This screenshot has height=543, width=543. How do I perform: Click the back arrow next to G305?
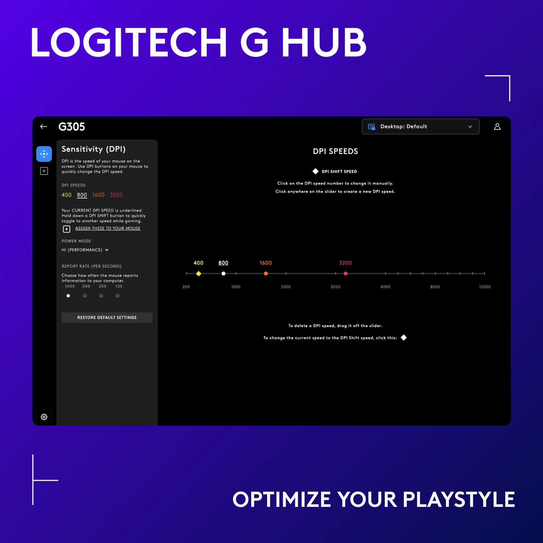(x=44, y=127)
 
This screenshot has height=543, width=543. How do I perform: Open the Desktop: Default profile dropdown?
(x=420, y=127)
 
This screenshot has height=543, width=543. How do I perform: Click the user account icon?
(x=497, y=127)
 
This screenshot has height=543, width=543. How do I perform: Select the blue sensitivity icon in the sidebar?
(x=44, y=154)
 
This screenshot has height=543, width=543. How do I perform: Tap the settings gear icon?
(x=44, y=417)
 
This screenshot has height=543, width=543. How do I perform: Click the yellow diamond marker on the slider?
(x=198, y=274)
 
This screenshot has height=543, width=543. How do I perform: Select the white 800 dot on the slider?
(x=223, y=274)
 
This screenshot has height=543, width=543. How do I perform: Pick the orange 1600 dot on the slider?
(x=266, y=274)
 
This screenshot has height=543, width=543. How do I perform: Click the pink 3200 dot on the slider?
(x=345, y=274)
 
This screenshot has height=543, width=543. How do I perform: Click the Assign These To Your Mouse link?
(x=108, y=228)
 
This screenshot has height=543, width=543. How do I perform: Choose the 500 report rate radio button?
(x=85, y=296)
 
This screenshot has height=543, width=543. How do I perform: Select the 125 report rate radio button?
(x=117, y=296)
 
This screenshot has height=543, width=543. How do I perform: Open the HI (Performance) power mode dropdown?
(x=85, y=250)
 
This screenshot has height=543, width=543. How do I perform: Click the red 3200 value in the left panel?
(x=116, y=195)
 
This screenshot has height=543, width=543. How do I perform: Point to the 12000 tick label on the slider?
(x=485, y=287)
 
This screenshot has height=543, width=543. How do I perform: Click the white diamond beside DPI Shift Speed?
(x=316, y=171)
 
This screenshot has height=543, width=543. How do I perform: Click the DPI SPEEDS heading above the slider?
(x=335, y=151)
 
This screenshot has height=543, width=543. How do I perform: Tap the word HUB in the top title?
(x=324, y=43)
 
